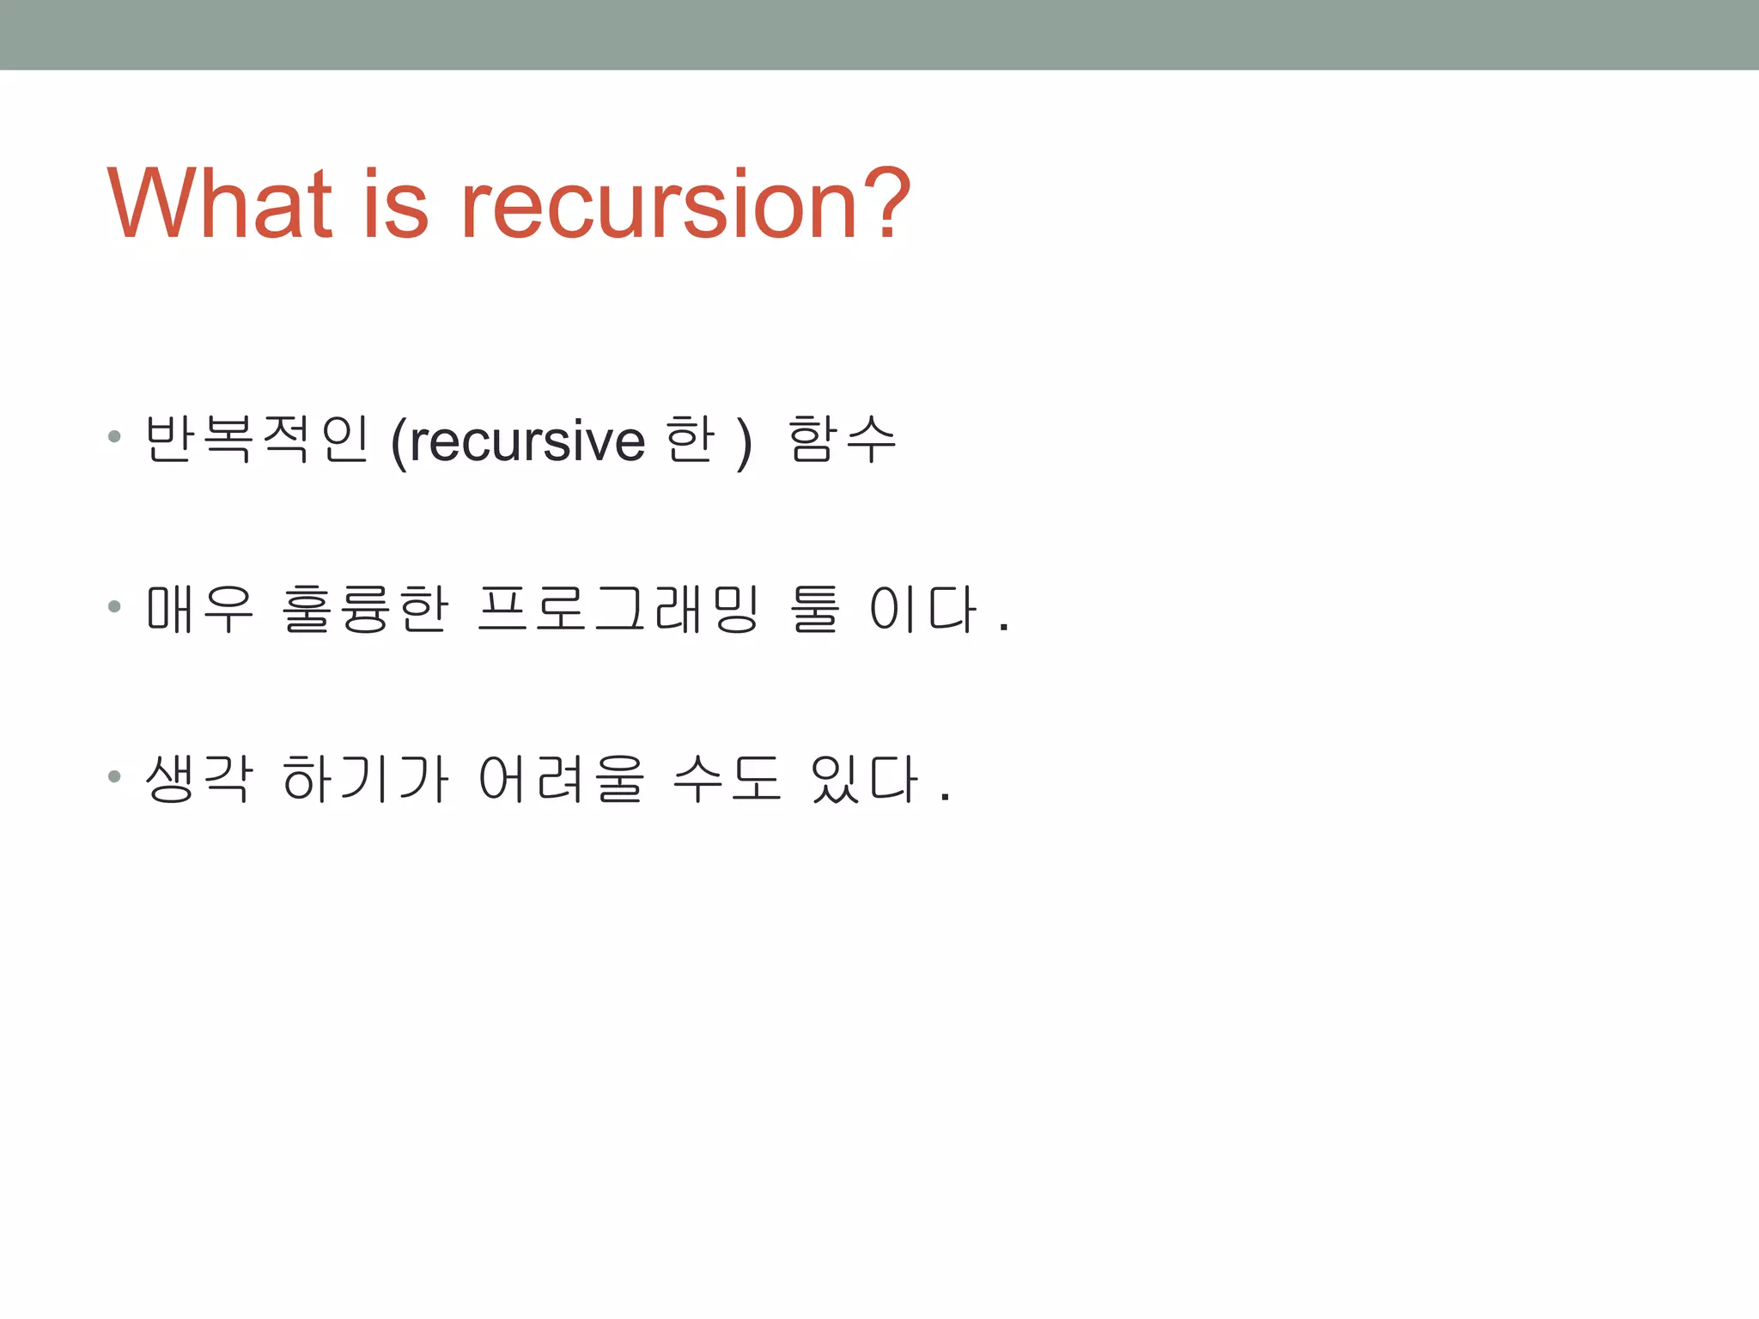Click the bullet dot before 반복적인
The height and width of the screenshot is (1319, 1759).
114,437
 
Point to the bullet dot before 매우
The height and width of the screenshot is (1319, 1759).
114,607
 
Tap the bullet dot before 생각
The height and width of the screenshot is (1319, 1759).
114,777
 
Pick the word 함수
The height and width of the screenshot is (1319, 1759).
842,439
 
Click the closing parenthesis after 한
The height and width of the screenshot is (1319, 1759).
744,442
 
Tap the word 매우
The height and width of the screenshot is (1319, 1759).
200,609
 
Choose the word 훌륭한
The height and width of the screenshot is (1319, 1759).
365,609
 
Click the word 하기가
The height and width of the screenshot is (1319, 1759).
365,779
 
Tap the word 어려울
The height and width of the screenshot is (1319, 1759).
561,779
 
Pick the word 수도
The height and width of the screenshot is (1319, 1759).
727,779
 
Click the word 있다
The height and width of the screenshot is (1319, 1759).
864,779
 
